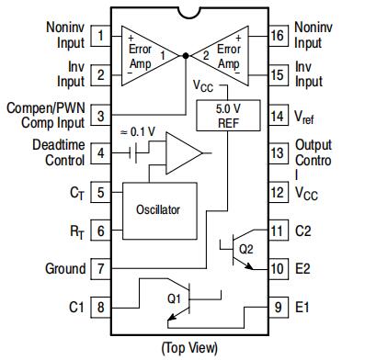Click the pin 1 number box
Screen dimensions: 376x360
click(x=100, y=36)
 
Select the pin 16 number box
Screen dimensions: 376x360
click(x=279, y=36)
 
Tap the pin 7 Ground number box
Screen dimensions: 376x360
click(x=100, y=269)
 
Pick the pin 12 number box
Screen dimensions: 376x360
click(x=279, y=192)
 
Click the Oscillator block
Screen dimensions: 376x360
click(x=160, y=211)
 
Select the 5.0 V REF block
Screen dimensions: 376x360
click(x=228, y=116)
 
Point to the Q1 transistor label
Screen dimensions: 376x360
click(x=174, y=298)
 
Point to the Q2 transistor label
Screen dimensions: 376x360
click(x=245, y=249)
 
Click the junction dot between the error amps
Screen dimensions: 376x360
click(x=186, y=56)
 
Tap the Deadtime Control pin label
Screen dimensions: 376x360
click(x=59, y=152)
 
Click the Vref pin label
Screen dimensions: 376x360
click(x=304, y=117)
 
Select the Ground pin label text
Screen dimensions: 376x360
click(x=65, y=269)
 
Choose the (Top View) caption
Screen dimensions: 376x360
click(x=190, y=348)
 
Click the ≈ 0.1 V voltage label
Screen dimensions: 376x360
click(x=138, y=131)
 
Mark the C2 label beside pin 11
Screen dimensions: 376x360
click(x=303, y=231)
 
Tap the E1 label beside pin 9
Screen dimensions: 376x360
click(x=302, y=307)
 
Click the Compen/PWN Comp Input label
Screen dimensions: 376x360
click(x=46, y=116)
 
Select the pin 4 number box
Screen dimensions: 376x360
click(x=100, y=153)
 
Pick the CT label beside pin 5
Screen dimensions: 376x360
click(x=77, y=193)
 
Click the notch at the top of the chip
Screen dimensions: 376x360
click(x=189, y=13)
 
